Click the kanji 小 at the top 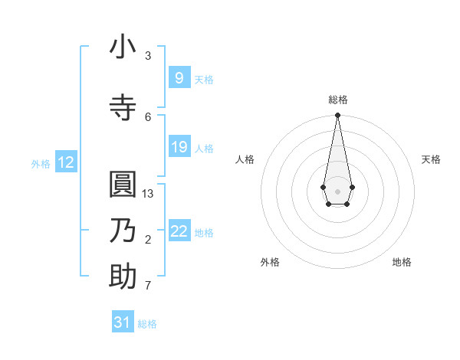coord(123,47)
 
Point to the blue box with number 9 coord(179,78)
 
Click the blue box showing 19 coord(179,147)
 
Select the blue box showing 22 coord(179,231)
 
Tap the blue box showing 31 coord(123,322)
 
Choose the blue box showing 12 coord(66,162)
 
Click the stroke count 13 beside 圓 coord(148,193)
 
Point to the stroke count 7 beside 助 coord(148,286)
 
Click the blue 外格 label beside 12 coord(40,163)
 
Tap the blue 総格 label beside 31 coord(147,323)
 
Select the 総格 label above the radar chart coord(337,100)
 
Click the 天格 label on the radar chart coord(431,159)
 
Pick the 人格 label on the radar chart coord(245,159)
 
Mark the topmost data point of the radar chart coord(337,116)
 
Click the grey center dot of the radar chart coord(337,190)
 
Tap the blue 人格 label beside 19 coord(204,148)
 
